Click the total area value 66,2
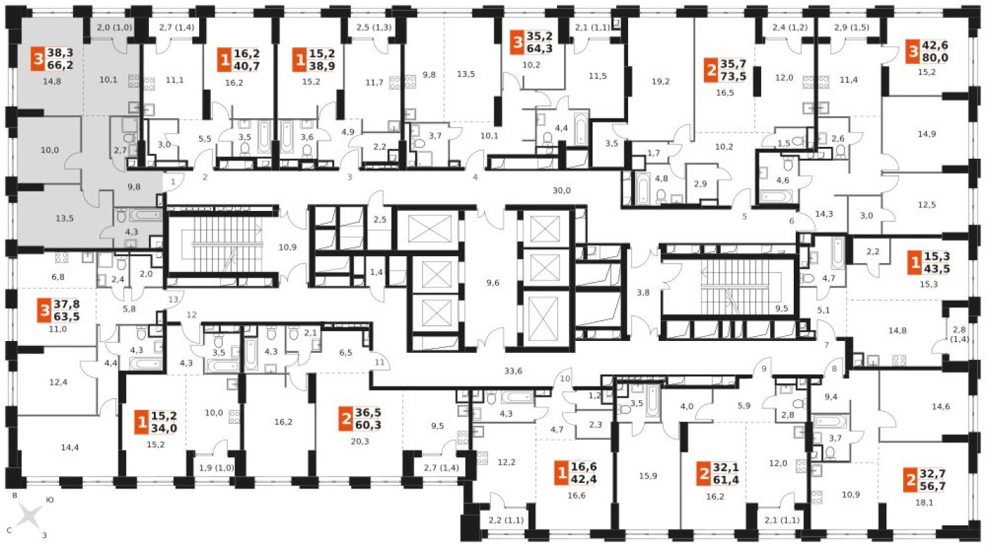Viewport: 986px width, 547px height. [60, 65]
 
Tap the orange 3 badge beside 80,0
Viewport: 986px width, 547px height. [914, 51]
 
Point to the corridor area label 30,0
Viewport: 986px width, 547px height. [562, 191]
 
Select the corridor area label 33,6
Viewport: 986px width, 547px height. [513, 371]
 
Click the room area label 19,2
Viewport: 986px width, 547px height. [660, 81]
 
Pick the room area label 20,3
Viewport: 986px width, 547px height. [359, 441]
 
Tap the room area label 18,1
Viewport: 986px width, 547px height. [924, 502]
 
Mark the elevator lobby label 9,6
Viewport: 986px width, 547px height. [492, 283]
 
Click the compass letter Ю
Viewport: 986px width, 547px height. [49, 500]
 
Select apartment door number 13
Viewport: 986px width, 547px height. [173, 299]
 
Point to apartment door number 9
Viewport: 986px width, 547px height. [764, 369]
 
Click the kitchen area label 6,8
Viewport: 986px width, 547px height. [58, 277]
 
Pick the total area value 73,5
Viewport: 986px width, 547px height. [733, 76]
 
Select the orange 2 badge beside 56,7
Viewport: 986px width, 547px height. [911, 480]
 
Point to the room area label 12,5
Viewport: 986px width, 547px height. [927, 205]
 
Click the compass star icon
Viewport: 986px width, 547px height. [30, 516]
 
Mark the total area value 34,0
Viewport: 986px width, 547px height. [164, 428]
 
